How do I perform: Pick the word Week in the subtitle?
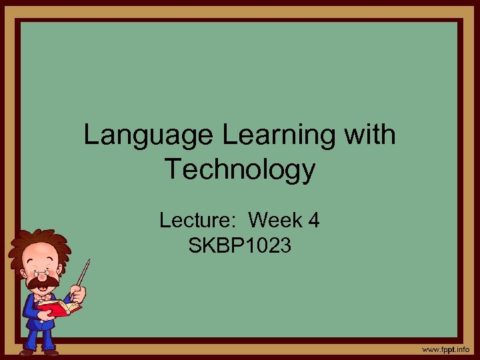click(276, 220)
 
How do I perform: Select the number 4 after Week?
click(313, 220)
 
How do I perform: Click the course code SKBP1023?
click(240, 247)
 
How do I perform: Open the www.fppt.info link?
click(445, 349)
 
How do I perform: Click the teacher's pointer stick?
click(83, 273)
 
